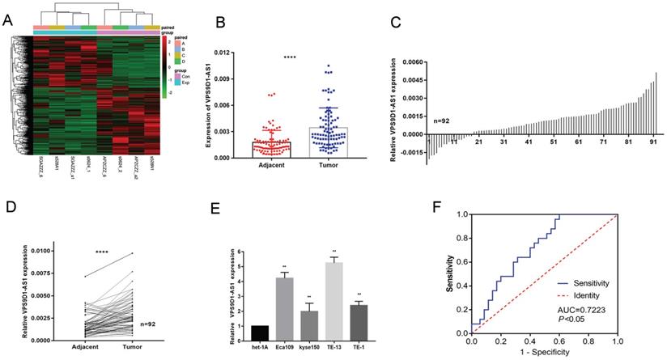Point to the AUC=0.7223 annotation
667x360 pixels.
579,310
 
